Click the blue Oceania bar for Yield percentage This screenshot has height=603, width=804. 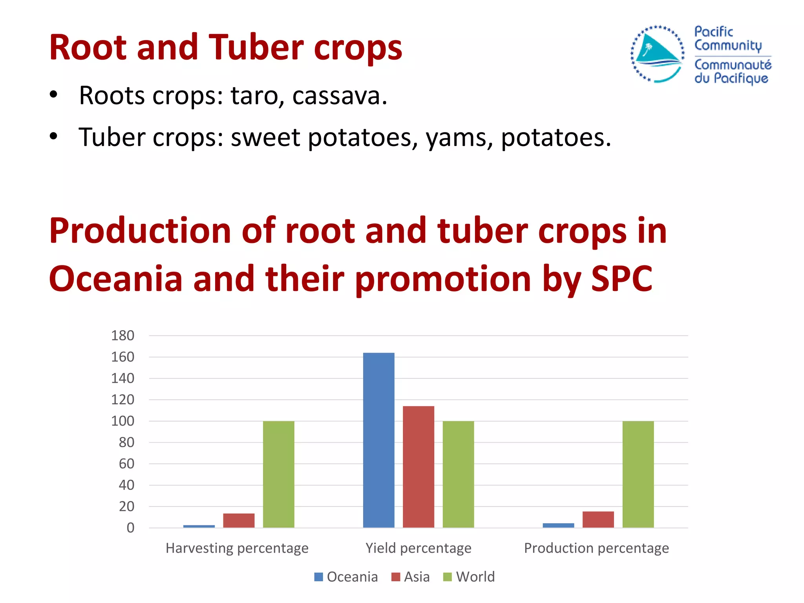coord(378,440)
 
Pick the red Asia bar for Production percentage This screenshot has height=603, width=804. coord(598,519)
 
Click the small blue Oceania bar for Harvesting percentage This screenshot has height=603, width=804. coord(199,526)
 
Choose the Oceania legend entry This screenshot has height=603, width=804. coord(346,577)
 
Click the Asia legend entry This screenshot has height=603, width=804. coord(411,577)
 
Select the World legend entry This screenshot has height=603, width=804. coord(469,577)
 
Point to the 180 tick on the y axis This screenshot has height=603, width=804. coord(122,336)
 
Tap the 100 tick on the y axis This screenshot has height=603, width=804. coord(122,421)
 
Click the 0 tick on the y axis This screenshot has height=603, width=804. coord(130,528)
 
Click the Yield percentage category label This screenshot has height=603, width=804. coord(418,548)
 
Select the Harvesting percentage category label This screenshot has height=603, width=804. coord(237,548)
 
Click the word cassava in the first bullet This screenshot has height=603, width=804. coord(339,96)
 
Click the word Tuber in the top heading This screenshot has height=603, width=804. coord(256,48)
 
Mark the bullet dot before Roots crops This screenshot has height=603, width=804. coord(54,95)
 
